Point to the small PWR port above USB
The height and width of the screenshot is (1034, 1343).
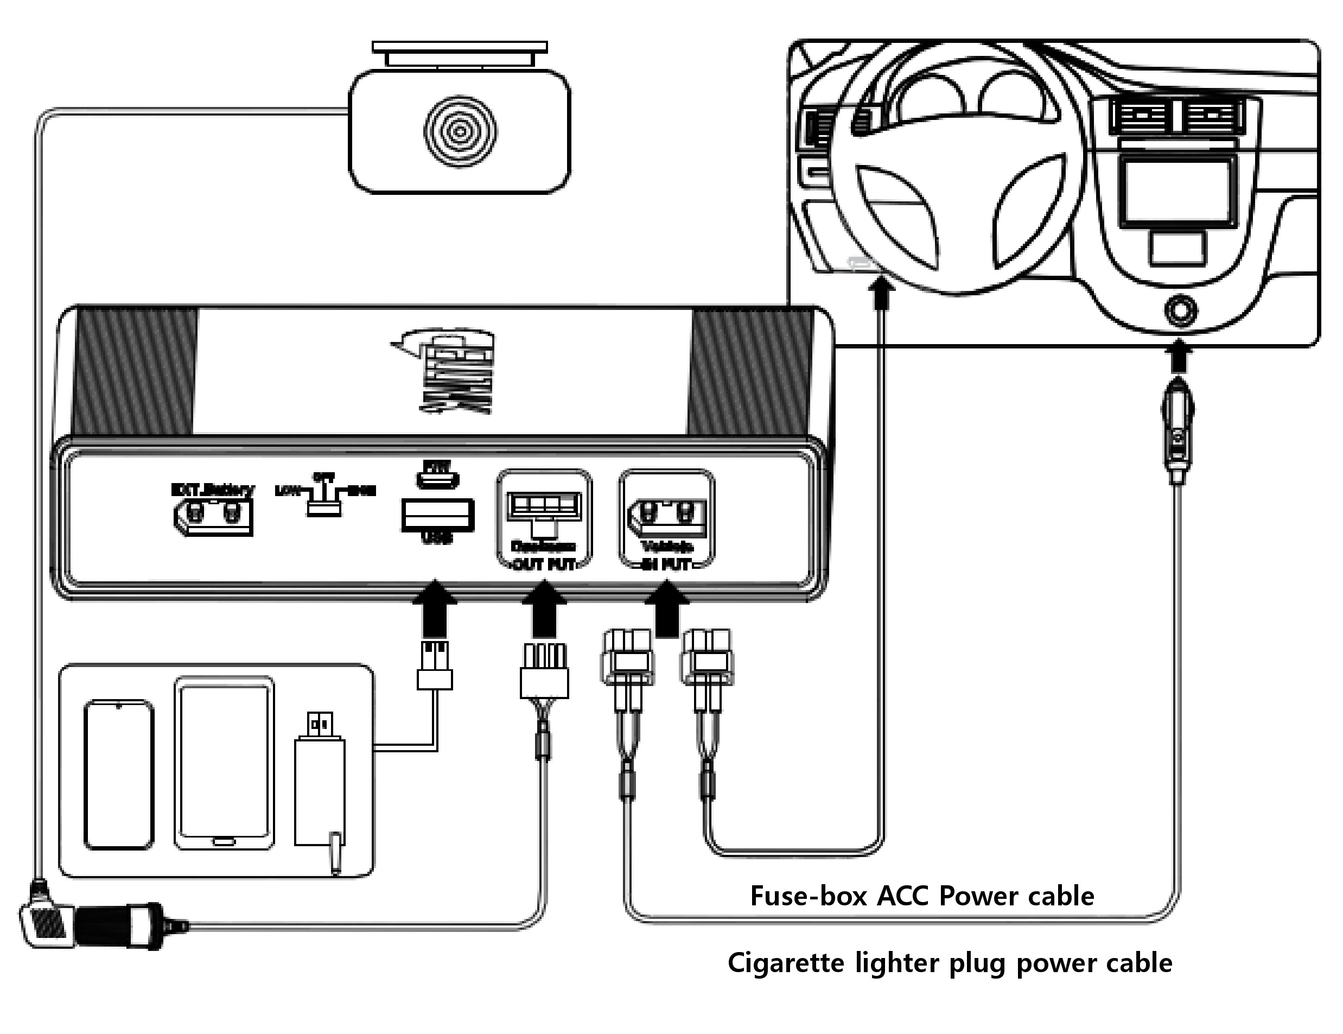coord(438,479)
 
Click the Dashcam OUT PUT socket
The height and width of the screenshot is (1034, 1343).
coord(544,508)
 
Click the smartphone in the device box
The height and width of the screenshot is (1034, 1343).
coord(119,775)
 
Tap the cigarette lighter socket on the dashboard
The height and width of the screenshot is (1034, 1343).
coord(1178,311)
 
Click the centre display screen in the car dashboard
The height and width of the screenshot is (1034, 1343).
coord(1176,191)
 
